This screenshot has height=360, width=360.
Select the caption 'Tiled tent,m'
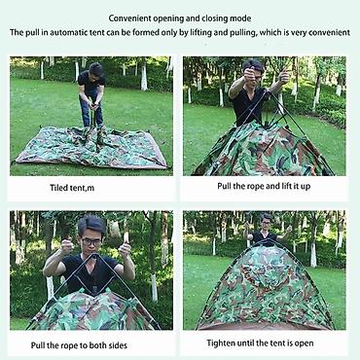coord(72,188)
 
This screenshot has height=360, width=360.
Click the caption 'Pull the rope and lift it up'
coord(264,186)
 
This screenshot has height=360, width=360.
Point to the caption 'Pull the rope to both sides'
coord(79,345)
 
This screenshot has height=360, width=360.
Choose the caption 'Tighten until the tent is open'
coord(260,343)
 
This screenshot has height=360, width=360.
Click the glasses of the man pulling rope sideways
coord(90,241)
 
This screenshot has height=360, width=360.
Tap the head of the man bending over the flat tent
coord(96,70)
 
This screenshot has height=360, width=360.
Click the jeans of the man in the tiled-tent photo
coord(91,109)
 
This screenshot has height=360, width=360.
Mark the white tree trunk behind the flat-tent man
coord(144,77)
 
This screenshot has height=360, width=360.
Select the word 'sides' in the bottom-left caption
coord(117,345)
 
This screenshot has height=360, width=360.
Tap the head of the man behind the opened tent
coord(267,222)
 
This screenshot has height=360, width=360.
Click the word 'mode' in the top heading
coord(240,18)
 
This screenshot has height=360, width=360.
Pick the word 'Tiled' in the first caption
coord(58,188)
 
